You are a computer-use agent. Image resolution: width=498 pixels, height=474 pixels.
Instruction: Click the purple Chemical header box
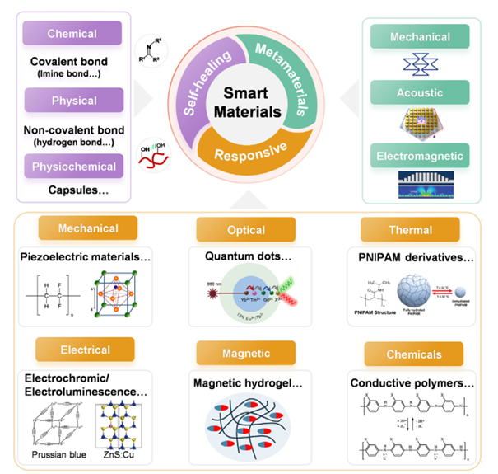pyautogui.click(x=72, y=34)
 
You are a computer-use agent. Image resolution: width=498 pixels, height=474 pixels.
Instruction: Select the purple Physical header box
pyautogui.click(x=73, y=101)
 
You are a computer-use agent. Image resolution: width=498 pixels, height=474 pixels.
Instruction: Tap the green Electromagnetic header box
pyautogui.click(x=421, y=154)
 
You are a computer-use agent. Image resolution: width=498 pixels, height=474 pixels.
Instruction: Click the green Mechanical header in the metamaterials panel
pyautogui.click(x=421, y=36)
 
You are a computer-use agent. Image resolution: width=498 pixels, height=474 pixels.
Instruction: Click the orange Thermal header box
pyautogui.click(x=408, y=230)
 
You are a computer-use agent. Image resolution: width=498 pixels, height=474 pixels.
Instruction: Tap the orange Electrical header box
pyautogui.click(x=86, y=350)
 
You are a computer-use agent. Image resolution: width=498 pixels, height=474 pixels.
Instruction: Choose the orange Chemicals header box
pyautogui.click(x=408, y=354)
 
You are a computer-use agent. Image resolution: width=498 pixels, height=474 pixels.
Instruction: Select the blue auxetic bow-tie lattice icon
pyautogui.click(x=421, y=64)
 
